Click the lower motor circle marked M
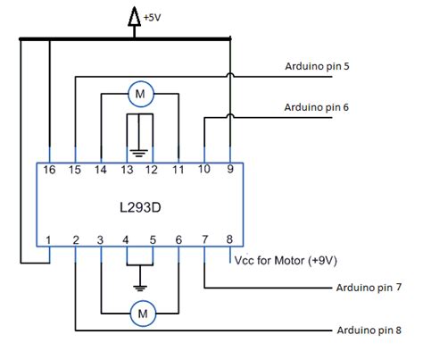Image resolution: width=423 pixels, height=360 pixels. click(139, 313)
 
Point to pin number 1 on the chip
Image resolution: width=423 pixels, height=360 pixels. click(49, 239)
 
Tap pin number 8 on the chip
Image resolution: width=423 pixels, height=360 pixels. click(230, 239)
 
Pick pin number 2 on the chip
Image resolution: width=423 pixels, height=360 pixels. click(75, 239)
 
